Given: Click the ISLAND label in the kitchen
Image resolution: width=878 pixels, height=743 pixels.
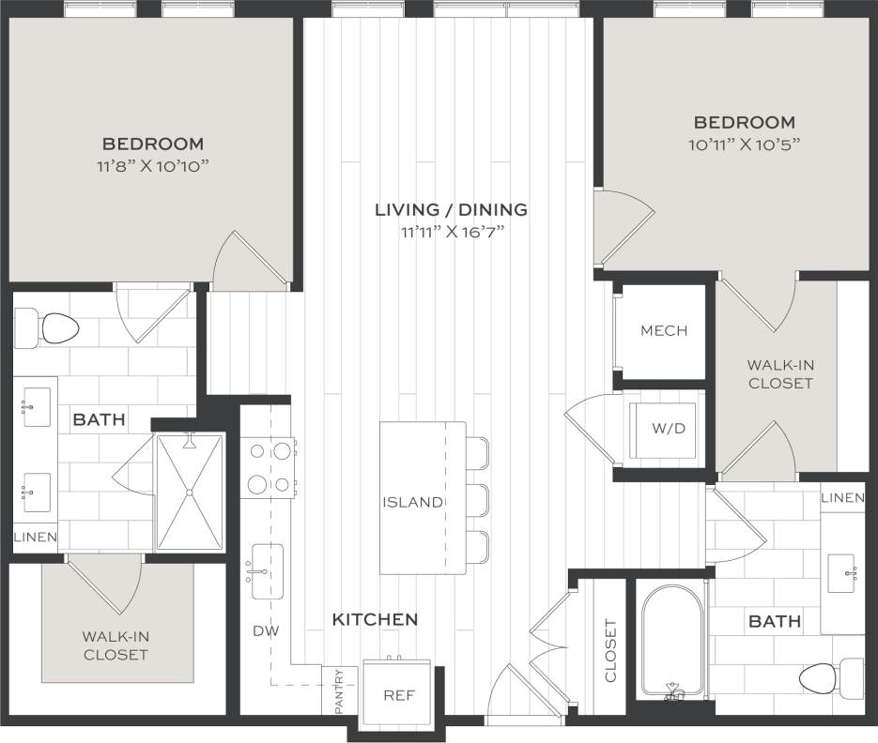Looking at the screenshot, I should [412, 502].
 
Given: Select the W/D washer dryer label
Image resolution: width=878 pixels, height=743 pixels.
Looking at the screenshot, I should [669, 428].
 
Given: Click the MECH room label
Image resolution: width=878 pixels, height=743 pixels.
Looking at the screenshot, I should [664, 330].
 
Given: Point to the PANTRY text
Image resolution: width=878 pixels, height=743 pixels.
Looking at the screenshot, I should [339, 691].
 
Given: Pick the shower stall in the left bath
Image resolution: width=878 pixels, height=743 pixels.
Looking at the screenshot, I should [190, 492].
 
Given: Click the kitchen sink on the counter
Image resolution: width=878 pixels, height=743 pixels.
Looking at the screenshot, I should [267, 570].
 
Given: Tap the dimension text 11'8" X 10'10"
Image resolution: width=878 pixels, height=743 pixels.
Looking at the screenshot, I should [153, 166].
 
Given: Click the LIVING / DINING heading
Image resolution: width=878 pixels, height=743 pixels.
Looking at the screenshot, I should [451, 209].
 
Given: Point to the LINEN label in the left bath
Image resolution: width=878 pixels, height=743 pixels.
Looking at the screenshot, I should [35, 538].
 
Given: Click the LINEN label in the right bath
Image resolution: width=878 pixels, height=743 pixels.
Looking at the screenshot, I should [842, 497].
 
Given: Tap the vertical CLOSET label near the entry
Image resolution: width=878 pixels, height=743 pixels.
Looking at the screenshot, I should [609, 650].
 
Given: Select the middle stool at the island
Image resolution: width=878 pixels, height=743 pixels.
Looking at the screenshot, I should [477, 502].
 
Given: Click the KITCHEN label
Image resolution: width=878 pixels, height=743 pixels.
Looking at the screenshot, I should [375, 619].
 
